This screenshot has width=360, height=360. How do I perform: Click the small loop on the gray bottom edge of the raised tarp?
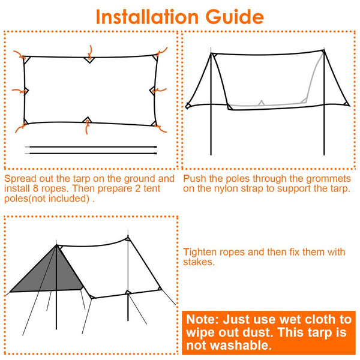(x=260, y=103)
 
